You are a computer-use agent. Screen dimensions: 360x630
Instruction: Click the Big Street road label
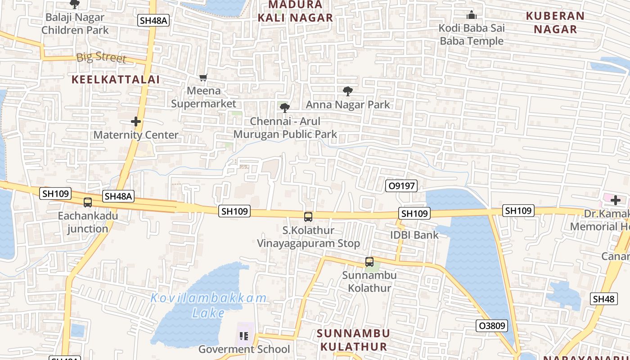point(101,58)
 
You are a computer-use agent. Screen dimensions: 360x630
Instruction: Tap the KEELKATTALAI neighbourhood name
point(116,80)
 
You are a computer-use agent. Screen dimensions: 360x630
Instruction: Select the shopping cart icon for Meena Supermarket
point(203,78)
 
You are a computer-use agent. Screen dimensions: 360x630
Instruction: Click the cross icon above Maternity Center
point(136,121)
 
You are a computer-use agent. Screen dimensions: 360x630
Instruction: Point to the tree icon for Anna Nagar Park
point(348,91)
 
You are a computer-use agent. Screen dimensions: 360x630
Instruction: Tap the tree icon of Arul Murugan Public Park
point(284,108)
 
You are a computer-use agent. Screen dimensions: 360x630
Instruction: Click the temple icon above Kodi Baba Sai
point(471,15)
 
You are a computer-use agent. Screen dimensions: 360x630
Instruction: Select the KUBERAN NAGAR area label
point(555,22)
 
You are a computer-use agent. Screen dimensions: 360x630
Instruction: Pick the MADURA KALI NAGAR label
point(295,11)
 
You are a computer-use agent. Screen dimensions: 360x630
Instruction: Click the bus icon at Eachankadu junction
point(88,202)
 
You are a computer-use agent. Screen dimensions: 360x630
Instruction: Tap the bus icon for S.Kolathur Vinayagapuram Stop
point(308,217)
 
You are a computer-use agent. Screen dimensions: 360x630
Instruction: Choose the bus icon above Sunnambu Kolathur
point(369,262)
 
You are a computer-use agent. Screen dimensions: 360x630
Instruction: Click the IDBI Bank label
point(414,235)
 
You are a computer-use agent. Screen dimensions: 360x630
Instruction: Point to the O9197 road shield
point(401,186)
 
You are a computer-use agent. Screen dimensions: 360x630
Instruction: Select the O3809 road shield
point(491,325)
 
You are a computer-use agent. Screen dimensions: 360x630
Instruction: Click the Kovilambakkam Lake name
point(208,305)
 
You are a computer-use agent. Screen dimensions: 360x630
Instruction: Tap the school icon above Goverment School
point(244,336)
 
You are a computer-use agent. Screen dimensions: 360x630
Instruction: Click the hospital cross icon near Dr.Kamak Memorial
point(615,200)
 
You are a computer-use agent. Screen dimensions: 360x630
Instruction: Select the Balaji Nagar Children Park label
point(75,24)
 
